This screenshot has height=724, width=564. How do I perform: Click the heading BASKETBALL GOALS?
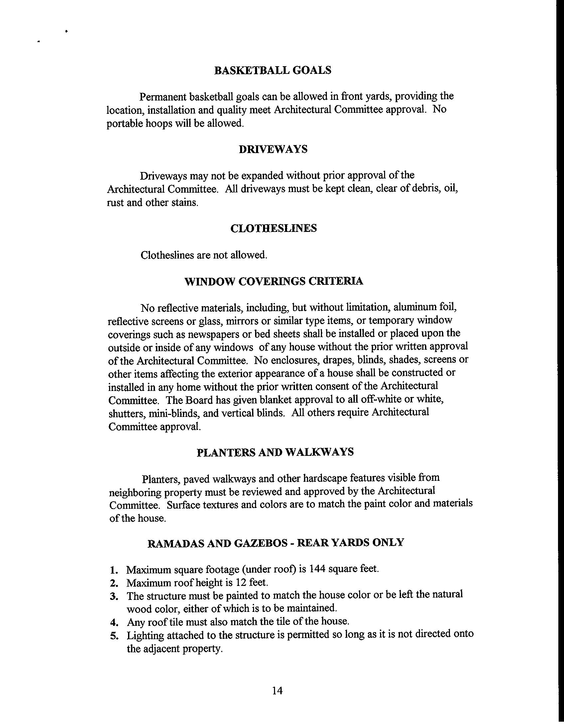pyautogui.click(x=273, y=71)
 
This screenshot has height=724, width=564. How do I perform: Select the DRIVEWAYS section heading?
pyautogui.click(x=273, y=149)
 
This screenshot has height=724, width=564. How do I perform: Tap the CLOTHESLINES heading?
pyautogui.click(x=273, y=229)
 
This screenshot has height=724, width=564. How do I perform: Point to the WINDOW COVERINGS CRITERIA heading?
pyautogui.click(x=274, y=281)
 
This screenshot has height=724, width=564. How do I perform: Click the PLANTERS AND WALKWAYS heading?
pyautogui.click(x=275, y=452)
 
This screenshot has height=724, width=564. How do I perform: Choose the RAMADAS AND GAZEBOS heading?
pyautogui.click(x=275, y=543)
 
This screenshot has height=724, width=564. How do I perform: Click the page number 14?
pyautogui.click(x=277, y=691)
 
